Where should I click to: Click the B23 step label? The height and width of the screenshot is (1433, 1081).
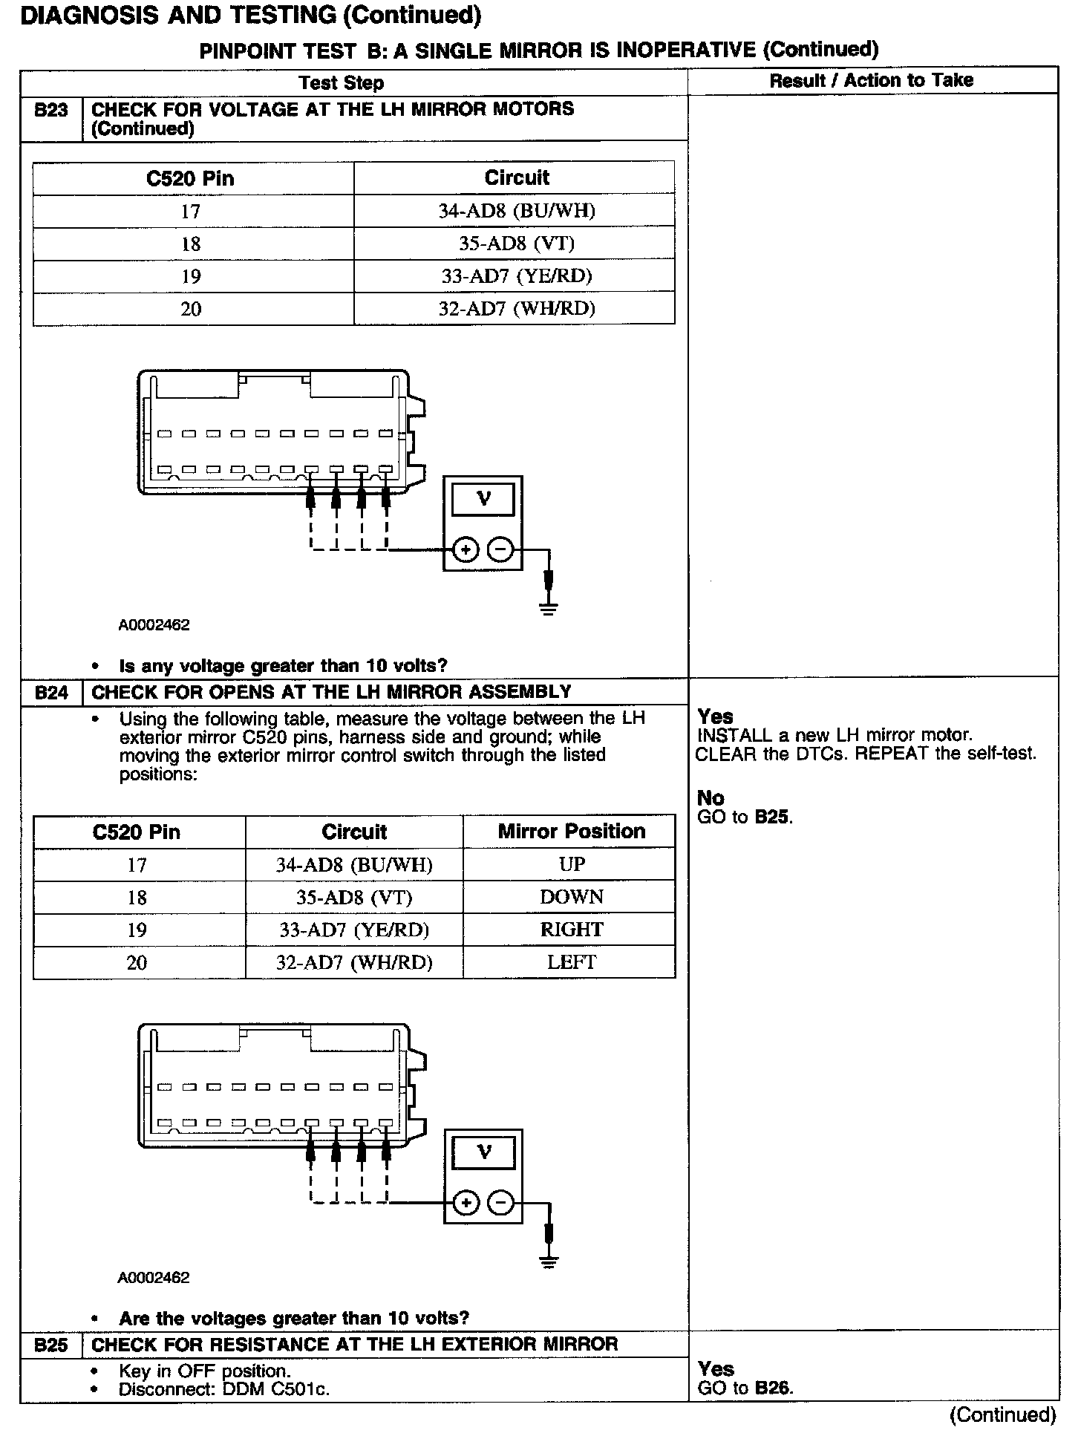50,111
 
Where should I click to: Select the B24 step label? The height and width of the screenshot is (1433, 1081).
50,693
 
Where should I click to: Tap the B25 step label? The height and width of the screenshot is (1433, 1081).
50,1345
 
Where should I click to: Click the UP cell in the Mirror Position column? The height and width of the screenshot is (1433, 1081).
572,864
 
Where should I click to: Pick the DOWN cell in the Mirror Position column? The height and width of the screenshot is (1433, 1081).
572,897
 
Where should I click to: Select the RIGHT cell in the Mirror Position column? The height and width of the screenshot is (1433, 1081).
572,930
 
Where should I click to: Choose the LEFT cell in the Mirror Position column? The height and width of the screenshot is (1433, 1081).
572,962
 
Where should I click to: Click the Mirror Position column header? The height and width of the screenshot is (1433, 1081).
572,831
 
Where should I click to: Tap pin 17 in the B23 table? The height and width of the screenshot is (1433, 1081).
191,212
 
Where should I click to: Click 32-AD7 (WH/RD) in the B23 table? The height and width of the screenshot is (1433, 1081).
517,309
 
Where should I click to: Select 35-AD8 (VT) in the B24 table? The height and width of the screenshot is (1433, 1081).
354,897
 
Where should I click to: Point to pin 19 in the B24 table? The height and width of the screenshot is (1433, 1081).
137,930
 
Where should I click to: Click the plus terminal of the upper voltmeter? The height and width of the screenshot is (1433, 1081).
465,550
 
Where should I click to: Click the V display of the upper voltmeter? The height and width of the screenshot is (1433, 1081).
483,498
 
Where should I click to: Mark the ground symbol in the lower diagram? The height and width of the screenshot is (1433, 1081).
549,1261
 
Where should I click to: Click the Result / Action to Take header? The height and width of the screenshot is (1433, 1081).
871,81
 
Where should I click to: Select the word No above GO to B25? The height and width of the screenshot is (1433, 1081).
711,798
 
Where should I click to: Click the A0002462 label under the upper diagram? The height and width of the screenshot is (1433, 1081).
154,625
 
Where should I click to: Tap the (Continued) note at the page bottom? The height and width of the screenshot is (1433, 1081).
1002,1415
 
